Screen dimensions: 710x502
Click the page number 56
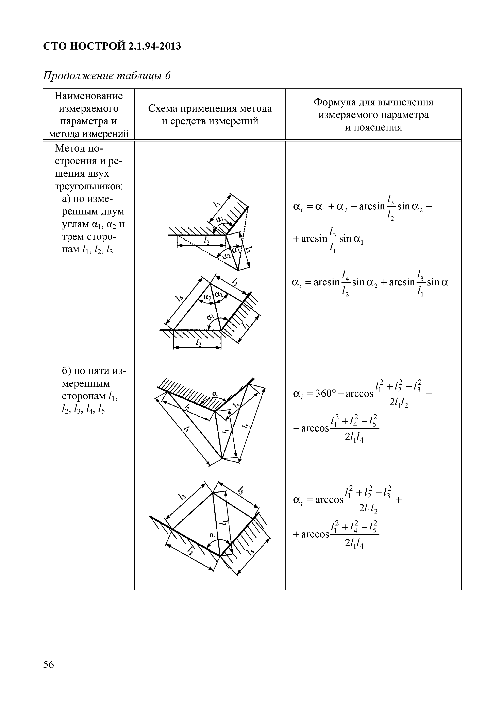(x=49, y=664)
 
